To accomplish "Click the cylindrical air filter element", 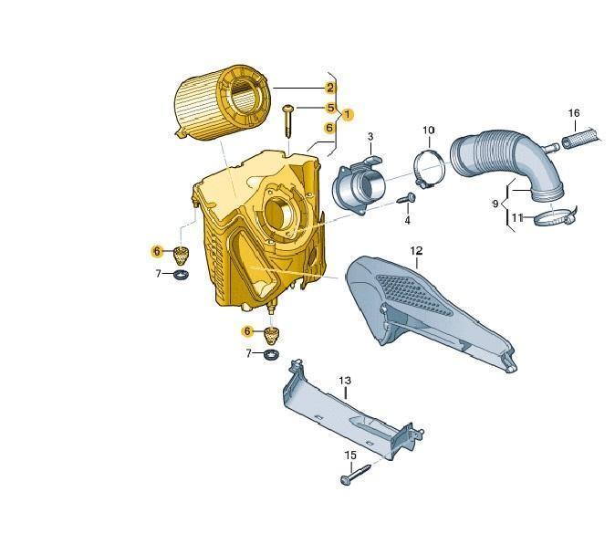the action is tap(221, 103).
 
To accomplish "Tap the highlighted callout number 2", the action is tap(330, 88).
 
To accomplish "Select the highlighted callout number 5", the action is tap(330, 108).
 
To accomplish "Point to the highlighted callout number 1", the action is tap(347, 115).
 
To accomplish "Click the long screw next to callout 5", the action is tap(288, 120).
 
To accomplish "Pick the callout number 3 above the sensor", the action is tap(370, 137).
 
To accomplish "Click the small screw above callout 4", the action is tap(406, 198).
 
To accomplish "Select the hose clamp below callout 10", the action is tap(429, 169).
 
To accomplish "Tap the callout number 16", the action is tap(574, 113).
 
